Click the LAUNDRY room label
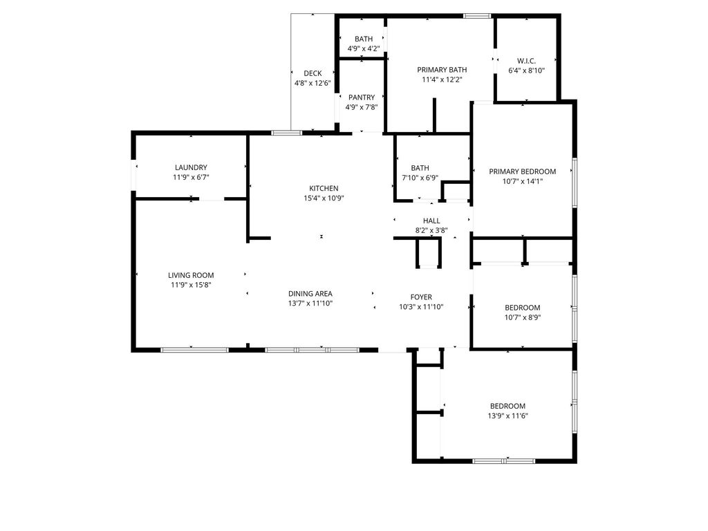click(x=191, y=167)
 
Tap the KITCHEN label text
click(x=324, y=188)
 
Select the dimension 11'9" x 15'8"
click(x=191, y=285)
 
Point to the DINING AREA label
click(x=310, y=293)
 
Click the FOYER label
click(x=421, y=297)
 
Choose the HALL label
click(x=431, y=221)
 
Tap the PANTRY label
click(x=362, y=97)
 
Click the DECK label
click(x=313, y=73)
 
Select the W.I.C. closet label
click(x=526, y=61)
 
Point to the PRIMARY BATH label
click(x=442, y=70)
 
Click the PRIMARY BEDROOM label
click(x=523, y=171)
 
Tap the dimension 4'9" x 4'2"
click(x=364, y=49)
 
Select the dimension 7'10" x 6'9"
click(x=420, y=178)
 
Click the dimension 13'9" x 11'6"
click(x=507, y=416)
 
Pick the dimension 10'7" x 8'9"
click(x=523, y=317)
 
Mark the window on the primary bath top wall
click(x=477, y=17)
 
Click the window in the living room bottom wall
click(x=194, y=350)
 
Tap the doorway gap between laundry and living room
click(x=212, y=198)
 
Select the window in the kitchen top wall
click(x=286, y=133)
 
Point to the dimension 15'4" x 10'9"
click(x=324, y=198)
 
